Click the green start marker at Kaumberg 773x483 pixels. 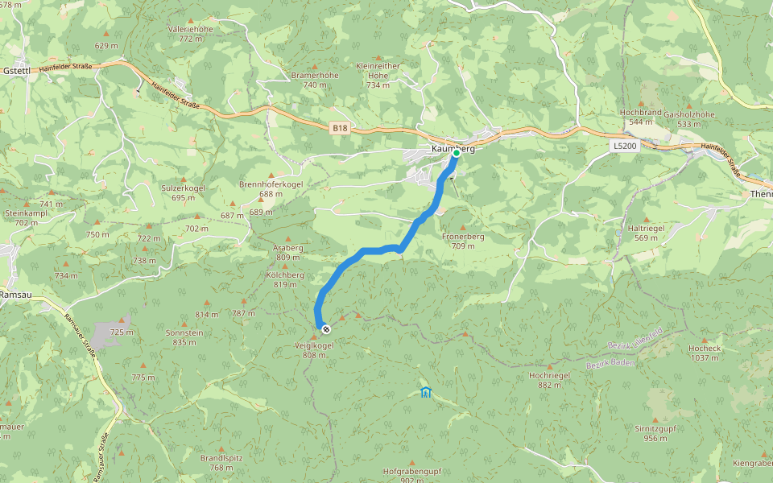456,152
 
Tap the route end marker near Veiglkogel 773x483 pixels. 325,328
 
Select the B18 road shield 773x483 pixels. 341,127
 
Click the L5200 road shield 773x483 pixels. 623,146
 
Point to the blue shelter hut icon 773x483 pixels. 425,392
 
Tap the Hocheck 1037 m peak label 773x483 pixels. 703,353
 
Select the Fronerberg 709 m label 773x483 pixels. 463,242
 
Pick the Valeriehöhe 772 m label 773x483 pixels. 191,33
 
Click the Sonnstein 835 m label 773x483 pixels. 184,337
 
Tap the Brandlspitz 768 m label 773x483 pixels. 221,462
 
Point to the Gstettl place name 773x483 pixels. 16,70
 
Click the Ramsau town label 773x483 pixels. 15,295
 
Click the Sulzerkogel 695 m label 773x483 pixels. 183,192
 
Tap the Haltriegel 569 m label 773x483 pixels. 646,233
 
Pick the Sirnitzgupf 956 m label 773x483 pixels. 655,433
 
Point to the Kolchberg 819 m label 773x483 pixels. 284,279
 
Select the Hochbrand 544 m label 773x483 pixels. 640,117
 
